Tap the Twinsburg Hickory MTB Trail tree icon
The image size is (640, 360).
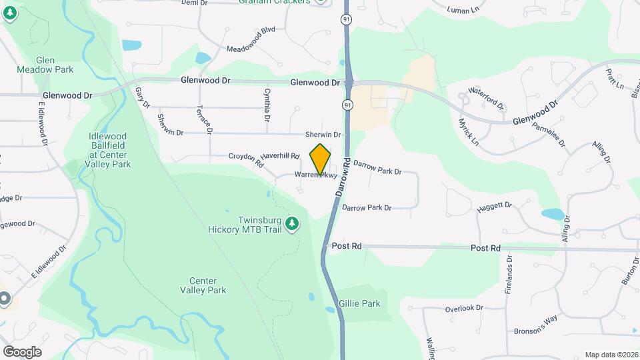[x=291, y=225]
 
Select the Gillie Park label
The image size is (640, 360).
[x=359, y=303]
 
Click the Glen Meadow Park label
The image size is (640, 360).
[x=54, y=64]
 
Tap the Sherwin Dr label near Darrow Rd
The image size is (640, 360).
[x=323, y=135]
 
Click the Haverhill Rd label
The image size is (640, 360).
[x=279, y=155]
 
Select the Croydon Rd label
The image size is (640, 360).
[x=247, y=159]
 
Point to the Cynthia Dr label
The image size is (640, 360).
[x=267, y=105]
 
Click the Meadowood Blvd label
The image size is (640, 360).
[x=251, y=39]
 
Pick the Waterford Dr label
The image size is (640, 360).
[x=486, y=98]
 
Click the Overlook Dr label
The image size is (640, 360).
[x=463, y=308]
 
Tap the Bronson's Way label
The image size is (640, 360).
[x=535, y=325]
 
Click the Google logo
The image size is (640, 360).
[x=22, y=351]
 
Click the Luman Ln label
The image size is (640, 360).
[x=464, y=9]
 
